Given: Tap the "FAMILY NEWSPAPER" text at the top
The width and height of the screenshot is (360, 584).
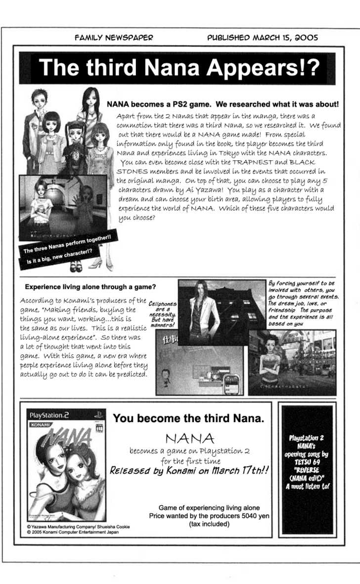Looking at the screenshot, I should [x=114, y=37].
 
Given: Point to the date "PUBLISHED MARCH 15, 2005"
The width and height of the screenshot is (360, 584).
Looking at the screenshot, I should [x=262, y=37].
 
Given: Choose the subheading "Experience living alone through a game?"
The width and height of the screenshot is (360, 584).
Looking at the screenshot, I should [x=90, y=287].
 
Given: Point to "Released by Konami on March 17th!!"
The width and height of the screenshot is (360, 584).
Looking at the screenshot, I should [x=189, y=470].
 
